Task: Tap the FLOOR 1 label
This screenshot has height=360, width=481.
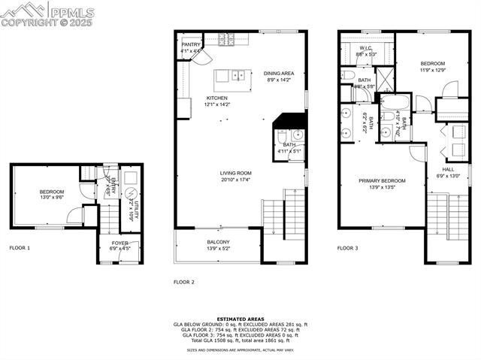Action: pyautogui.click(x=20, y=247)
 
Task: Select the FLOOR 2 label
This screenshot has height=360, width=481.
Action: pyautogui.click(x=184, y=282)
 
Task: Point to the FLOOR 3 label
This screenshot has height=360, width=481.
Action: pyautogui.click(x=347, y=247)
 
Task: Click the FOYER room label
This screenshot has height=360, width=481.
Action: pyautogui.click(x=120, y=244)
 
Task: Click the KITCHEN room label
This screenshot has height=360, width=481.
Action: pyautogui.click(x=217, y=98)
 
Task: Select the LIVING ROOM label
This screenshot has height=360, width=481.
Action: pyautogui.click(x=236, y=174)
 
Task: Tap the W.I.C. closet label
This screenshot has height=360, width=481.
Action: pyautogui.click(x=366, y=48)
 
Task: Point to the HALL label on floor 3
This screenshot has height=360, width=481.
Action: pyautogui.click(x=448, y=169)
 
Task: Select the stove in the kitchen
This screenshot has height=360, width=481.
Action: pyautogui.click(x=225, y=38)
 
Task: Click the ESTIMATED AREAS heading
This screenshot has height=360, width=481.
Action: pyautogui.click(x=240, y=319)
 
